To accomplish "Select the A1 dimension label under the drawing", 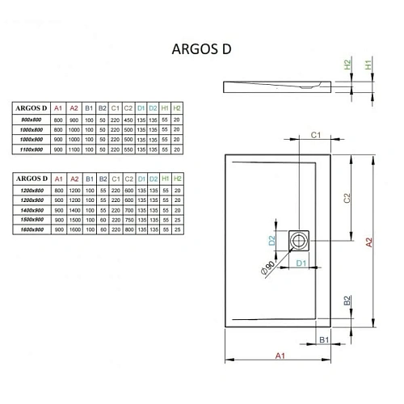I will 279,355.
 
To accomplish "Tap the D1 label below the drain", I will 300,263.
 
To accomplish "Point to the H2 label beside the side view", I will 349,64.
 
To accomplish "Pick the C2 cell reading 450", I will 127,119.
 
